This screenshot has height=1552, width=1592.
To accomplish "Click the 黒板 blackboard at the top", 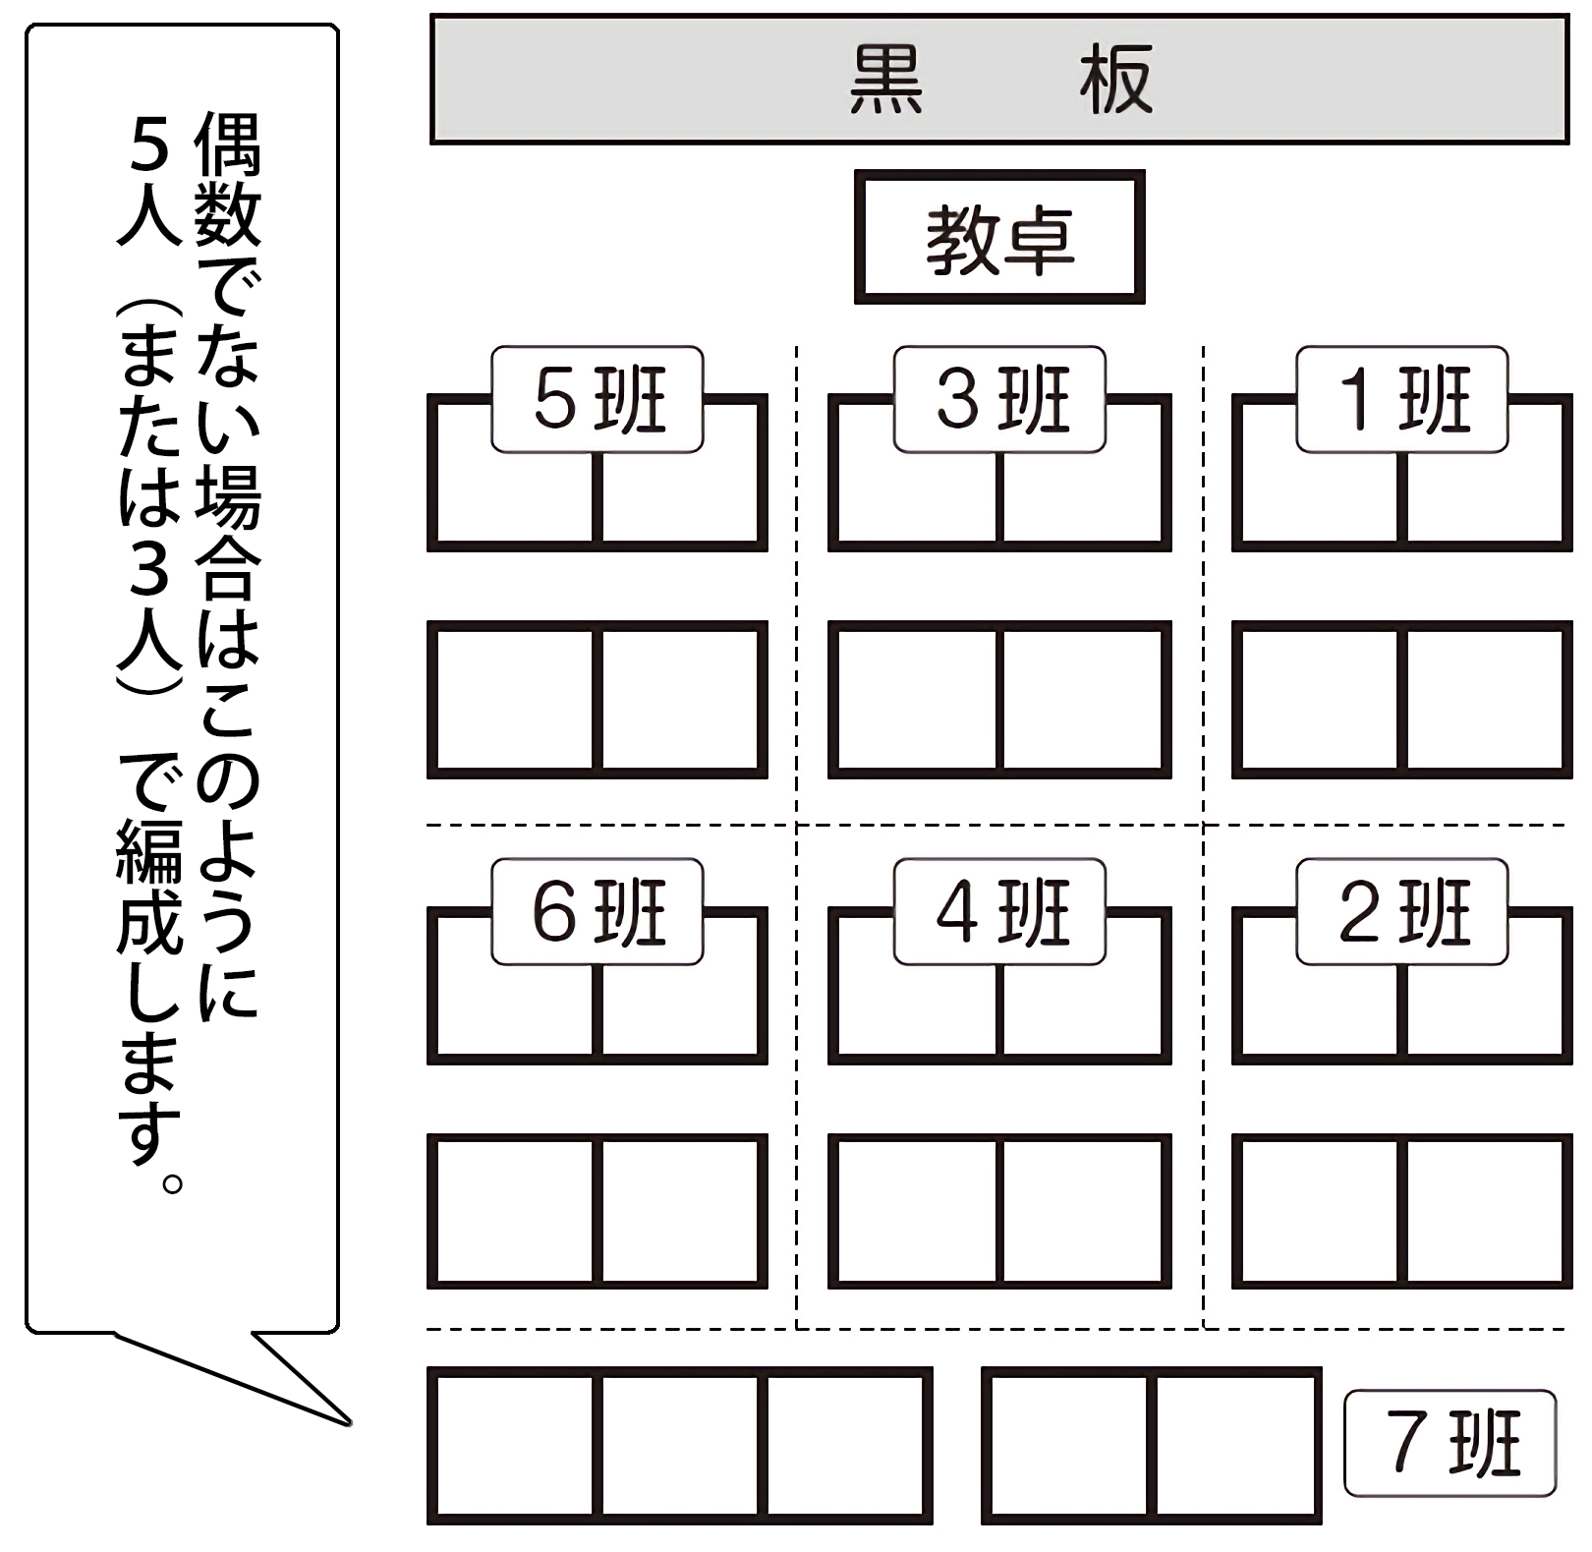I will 998,80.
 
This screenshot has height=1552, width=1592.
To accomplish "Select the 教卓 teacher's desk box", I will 999,237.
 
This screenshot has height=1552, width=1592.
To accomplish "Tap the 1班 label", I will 1401,399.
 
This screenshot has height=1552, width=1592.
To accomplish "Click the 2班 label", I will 1401,912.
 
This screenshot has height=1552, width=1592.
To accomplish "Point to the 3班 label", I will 999,399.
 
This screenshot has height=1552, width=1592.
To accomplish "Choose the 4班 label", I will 999,912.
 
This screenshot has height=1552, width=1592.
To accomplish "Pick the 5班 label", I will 597,399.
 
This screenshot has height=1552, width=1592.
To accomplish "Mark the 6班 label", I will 597,912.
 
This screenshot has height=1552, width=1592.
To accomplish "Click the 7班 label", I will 1450,1442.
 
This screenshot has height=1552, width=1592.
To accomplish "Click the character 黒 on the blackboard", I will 885,80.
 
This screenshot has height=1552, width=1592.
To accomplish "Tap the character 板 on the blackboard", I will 1115,80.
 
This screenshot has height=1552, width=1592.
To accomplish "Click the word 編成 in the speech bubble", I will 148,885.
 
